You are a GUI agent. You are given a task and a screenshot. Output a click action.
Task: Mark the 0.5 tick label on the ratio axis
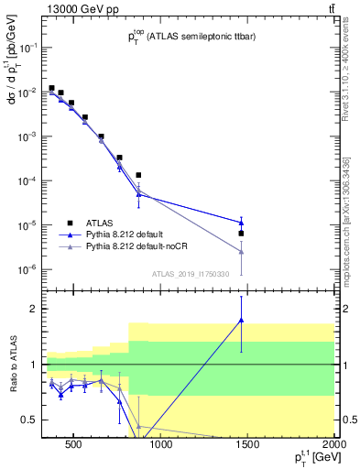(25, 420)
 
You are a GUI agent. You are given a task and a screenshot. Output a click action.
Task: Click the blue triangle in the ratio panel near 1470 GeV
(241, 320)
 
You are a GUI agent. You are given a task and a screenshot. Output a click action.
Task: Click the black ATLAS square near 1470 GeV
(241, 234)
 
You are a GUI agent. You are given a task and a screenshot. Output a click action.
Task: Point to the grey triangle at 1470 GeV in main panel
(241, 251)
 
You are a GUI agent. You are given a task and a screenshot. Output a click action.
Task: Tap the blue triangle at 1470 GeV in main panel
(241, 223)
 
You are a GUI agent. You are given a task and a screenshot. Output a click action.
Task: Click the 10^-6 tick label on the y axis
(25, 269)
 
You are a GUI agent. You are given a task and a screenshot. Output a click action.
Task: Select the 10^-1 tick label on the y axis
(25, 49)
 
